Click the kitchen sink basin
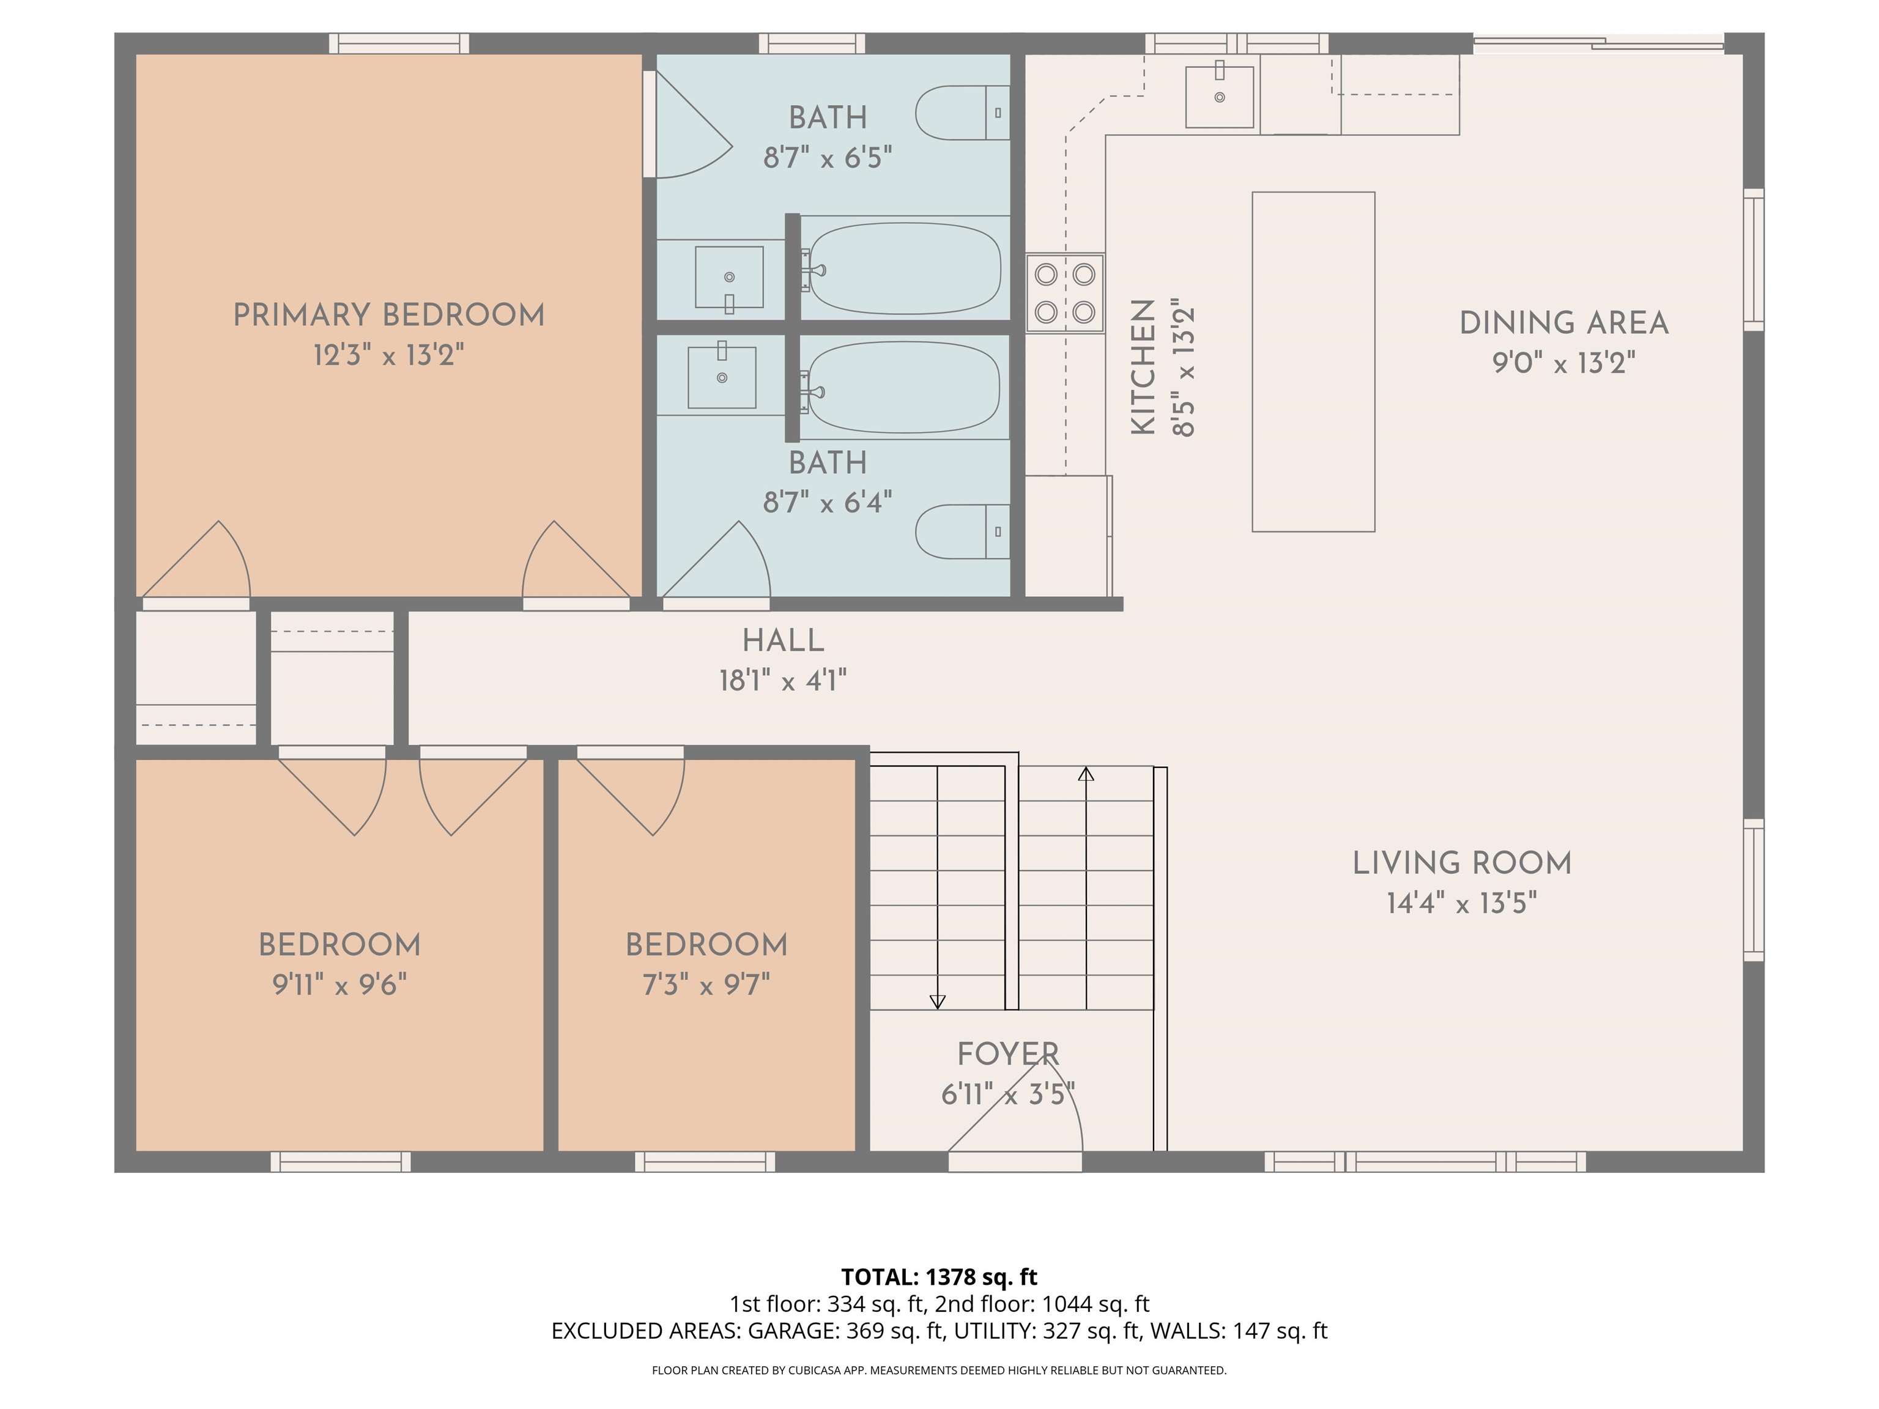click(1219, 96)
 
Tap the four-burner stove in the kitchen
click(1064, 293)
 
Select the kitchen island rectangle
click(1313, 362)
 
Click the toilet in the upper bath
click(960, 112)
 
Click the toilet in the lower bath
click(960, 531)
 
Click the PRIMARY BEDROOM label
click(388, 315)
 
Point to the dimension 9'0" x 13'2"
click(1563, 363)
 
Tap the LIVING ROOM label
click(1461, 863)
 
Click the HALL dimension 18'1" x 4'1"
click(782, 680)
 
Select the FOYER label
click(1007, 1054)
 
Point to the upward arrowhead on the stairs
click(1086, 774)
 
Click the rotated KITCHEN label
click(1143, 367)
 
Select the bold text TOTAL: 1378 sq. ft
click(939, 1276)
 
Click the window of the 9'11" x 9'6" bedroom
click(340, 1162)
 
